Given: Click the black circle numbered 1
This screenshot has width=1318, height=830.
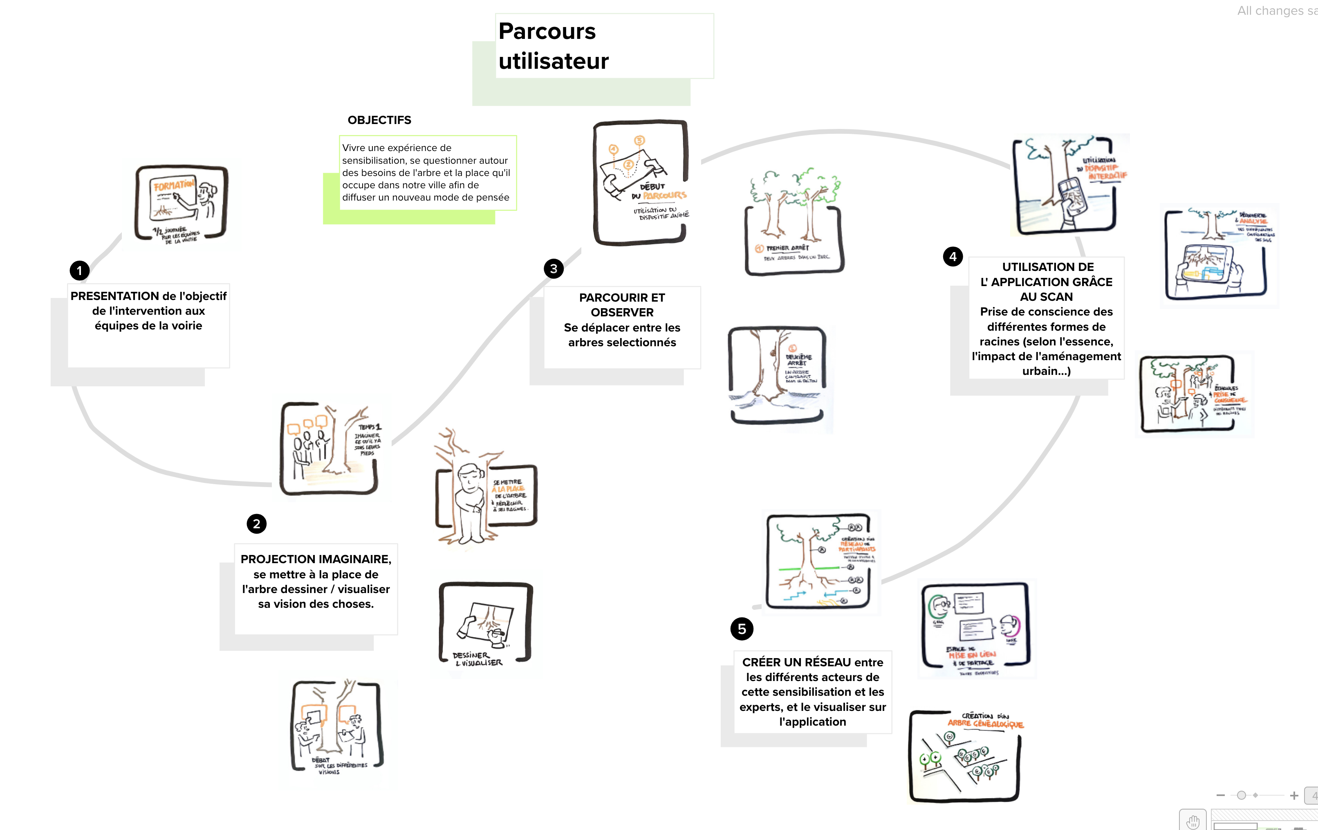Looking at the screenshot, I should coord(79,270).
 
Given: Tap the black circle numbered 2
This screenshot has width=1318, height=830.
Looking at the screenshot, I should coord(256,524).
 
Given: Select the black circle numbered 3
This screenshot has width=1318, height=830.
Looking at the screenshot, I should coord(554,268).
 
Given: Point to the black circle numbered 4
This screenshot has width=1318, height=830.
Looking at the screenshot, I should coord(953,256).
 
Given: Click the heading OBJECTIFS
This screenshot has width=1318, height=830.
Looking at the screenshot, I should coord(379,120).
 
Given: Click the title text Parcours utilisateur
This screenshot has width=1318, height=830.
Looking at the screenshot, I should coord(553,46).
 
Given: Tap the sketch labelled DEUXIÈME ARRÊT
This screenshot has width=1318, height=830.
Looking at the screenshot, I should coord(777,375).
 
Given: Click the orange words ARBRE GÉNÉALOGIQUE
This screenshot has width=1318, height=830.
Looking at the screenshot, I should coord(985,724).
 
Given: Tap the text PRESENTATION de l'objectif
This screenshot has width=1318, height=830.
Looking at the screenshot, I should coord(148,296).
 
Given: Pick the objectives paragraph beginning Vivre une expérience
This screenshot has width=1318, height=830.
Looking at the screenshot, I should coord(426,173).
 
